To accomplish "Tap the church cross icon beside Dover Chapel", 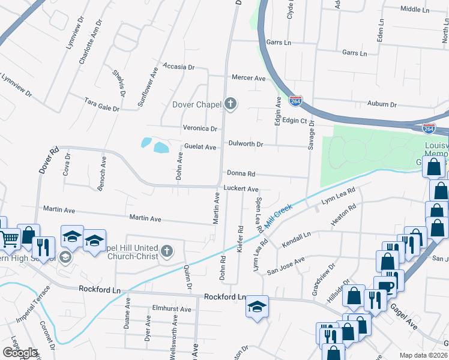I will pyautogui.click(x=230, y=104).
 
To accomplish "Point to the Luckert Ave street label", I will pyautogui.click(x=241, y=188).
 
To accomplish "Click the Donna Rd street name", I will pyautogui.click(x=241, y=173).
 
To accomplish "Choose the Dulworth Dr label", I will pyautogui.click(x=246, y=144).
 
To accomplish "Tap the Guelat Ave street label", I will pyautogui.click(x=200, y=147).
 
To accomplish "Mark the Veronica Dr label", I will pyautogui.click(x=200, y=128).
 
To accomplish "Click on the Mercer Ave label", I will pyautogui.click(x=249, y=78).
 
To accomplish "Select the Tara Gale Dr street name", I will pyautogui.click(x=101, y=104).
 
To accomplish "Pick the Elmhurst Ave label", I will pyautogui.click(x=172, y=310).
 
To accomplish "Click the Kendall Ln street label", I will pyautogui.click(x=297, y=240).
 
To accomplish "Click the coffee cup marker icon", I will pyautogui.click(x=384, y=286).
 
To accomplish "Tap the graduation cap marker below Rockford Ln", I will pyautogui.click(x=257, y=307).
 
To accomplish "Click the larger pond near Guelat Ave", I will pyautogui.click(x=161, y=147).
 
